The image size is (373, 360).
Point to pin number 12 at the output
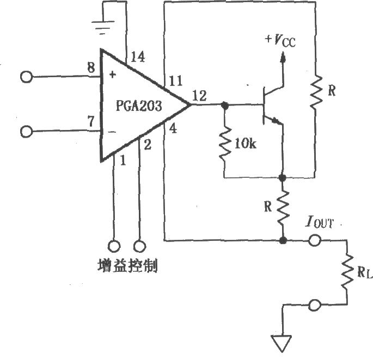coord(200,97)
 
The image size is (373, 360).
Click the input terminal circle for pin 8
coord(26,77)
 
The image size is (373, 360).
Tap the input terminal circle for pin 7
coord(26,131)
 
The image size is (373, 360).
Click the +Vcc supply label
coord(280,40)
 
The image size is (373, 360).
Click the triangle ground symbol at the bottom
coord(282,343)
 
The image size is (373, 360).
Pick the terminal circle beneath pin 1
coord(114,246)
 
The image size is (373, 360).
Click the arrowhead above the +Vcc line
coord(282,57)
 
